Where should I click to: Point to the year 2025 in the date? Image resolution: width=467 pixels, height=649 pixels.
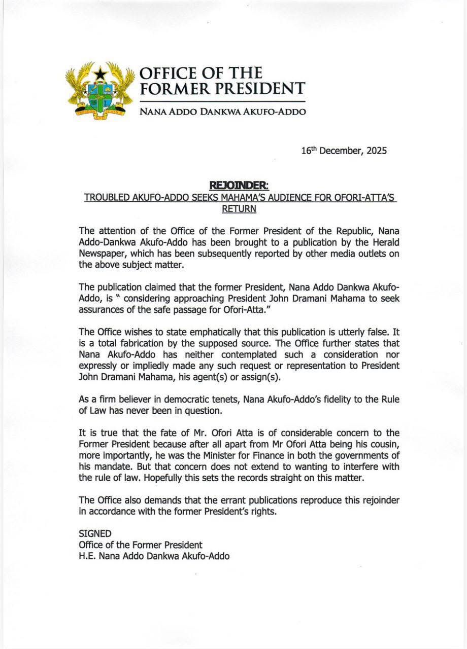click(376, 151)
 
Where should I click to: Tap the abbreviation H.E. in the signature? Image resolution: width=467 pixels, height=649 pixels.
click(87, 556)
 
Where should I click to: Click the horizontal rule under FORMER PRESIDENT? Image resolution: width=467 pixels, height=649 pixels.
click(223, 102)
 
